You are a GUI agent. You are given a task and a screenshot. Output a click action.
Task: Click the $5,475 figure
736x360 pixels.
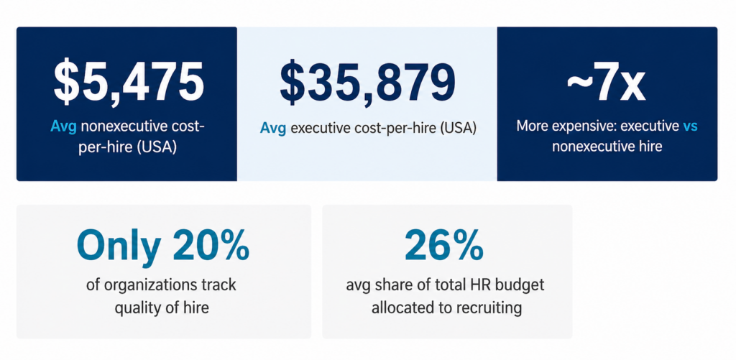(128, 82)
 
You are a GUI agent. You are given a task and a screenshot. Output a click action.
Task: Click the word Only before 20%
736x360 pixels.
(119, 246)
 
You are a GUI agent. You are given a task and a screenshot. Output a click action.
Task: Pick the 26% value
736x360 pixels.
(444, 246)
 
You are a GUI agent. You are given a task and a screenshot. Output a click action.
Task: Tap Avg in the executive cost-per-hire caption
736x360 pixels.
(273, 129)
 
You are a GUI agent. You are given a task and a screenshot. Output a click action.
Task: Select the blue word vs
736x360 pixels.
(690, 126)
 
